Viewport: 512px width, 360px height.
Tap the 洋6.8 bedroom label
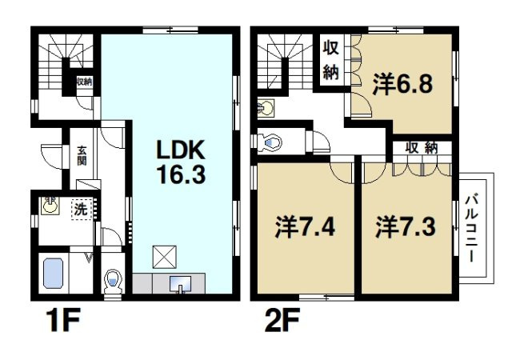coord(402,82)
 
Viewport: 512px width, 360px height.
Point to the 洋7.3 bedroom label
coord(405,225)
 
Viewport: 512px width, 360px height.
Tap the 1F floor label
coord(58,324)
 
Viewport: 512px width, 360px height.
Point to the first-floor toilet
coord(113,282)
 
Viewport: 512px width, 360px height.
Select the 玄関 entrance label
coord(82,153)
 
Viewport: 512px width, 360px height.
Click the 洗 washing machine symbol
coord(80,209)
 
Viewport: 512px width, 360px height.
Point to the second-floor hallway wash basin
coord(266,107)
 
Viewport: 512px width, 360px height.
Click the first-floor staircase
coord(65,60)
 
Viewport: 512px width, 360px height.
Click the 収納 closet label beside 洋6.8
coord(331,60)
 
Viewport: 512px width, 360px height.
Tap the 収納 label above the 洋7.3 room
coord(422,147)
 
